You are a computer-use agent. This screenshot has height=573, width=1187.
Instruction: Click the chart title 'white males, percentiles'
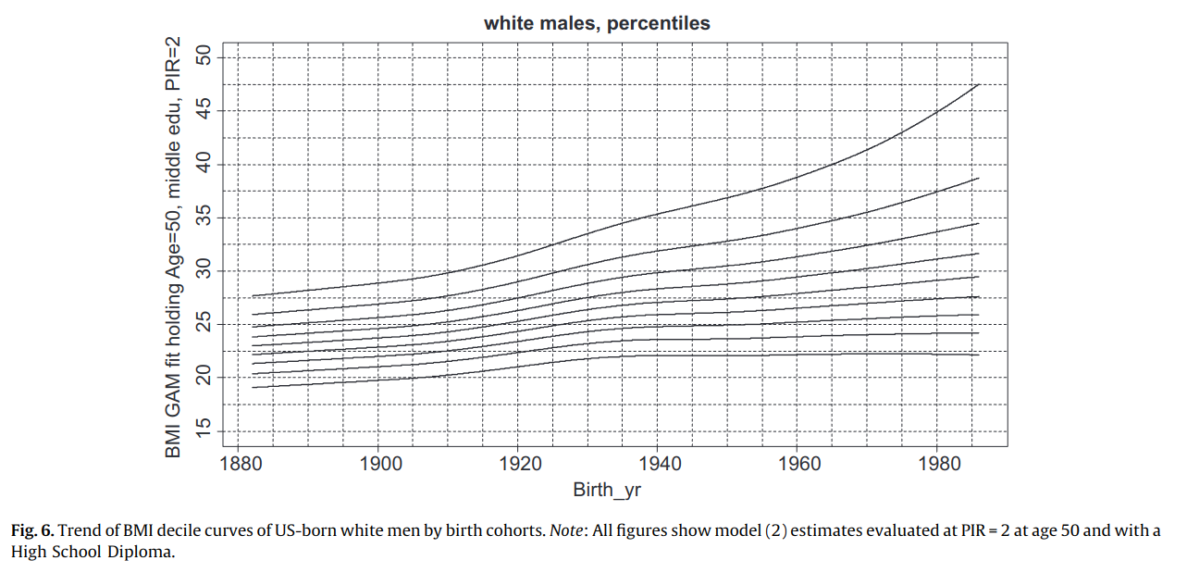(x=597, y=24)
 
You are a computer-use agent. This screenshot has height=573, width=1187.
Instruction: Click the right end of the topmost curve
(x=978, y=85)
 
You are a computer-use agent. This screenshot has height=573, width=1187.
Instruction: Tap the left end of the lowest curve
(x=253, y=387)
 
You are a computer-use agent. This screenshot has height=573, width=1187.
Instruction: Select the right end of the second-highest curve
(x=978, y=178)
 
